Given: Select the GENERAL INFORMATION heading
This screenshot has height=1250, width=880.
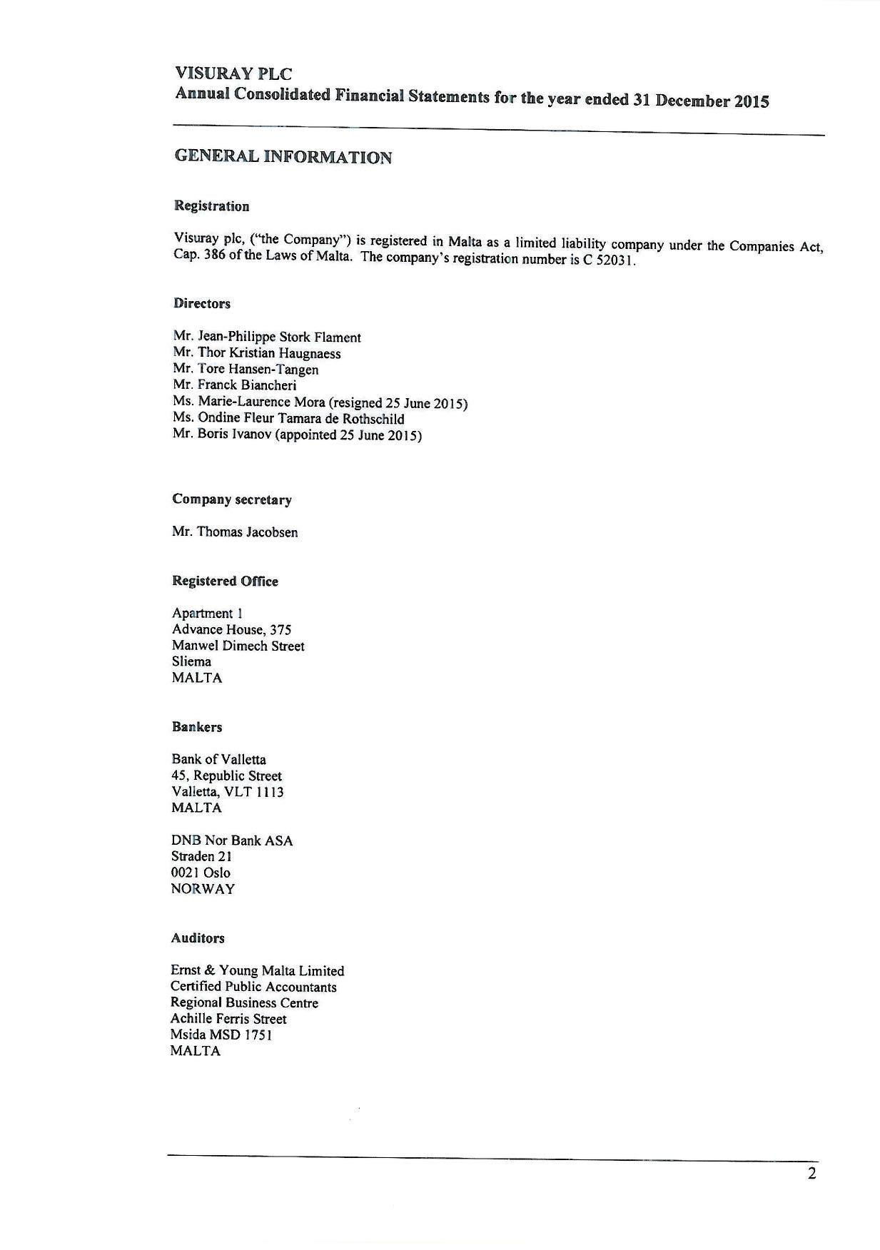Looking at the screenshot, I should [x=283, y=157].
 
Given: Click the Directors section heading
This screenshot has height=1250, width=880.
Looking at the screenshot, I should [x=201, y=304].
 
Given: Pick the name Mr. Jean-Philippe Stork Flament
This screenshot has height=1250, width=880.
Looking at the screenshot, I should [x=266, y=337].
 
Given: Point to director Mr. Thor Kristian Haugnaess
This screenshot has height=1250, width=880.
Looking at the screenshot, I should [x=256, y=353].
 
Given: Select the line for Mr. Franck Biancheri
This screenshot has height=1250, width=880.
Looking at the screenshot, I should [x=234, y=385].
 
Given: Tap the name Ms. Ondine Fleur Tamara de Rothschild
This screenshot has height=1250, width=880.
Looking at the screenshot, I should [x=288, y=419].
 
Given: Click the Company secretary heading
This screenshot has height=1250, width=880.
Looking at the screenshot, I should [x=231, y=499].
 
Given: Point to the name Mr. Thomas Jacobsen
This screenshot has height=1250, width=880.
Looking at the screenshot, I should [x=235, y=532].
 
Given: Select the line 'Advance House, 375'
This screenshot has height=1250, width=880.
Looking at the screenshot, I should [x=231, y=629].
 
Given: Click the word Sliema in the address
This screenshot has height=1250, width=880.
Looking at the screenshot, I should [x=191, y=661].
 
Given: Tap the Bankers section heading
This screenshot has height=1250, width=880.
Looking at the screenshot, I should [x=196, y=727].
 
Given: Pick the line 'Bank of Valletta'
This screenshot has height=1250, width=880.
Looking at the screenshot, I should [x=218, y=759].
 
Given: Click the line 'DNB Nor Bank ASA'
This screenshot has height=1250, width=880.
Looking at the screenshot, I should [x=232, y=840].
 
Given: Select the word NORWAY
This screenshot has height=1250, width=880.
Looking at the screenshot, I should [x=203, y=889].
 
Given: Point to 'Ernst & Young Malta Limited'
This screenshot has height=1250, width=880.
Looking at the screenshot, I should [x=257, y=970].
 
